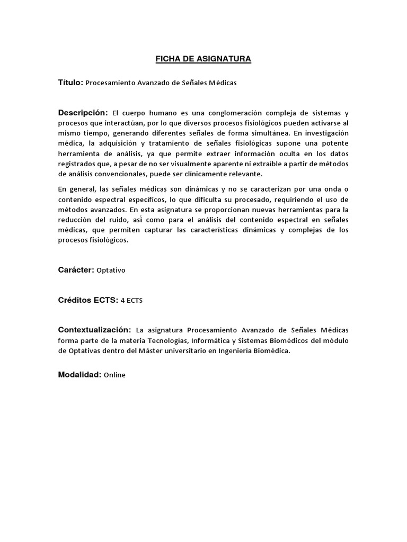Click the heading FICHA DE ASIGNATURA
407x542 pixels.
pos(203,59)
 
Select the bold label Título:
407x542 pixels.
pos(70,83)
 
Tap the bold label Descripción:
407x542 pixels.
pos(83,113)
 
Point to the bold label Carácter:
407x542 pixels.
pos(76,270)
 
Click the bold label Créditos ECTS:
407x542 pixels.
pos(88,300)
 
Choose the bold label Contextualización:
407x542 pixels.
pos(94,330)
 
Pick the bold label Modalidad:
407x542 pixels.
pos(79,375)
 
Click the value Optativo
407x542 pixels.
pos(111,270)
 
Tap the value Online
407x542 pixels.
pos(114,375)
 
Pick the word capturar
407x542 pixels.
pos(140,229)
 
